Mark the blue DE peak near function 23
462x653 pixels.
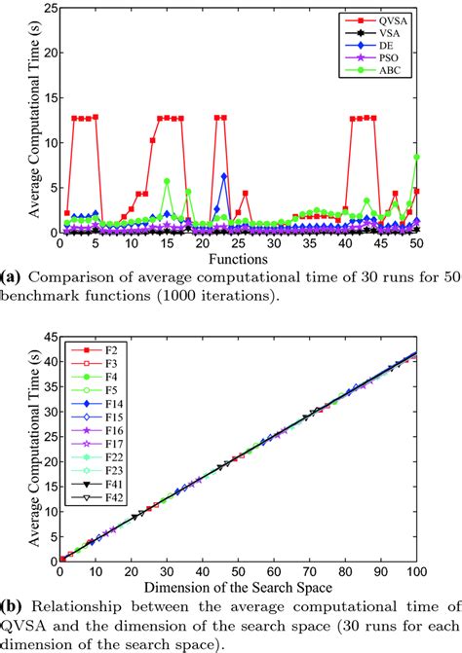(x=224, y=177)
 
